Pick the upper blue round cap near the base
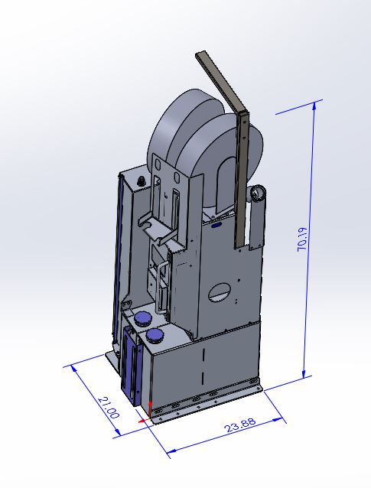pos(142,317)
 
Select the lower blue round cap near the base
pos(155,336)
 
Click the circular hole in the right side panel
pos(221,292)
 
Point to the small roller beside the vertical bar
pos(257,195)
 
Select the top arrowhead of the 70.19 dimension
pos(314,108)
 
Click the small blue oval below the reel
pos(216,225)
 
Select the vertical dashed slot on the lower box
pos(203,368)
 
